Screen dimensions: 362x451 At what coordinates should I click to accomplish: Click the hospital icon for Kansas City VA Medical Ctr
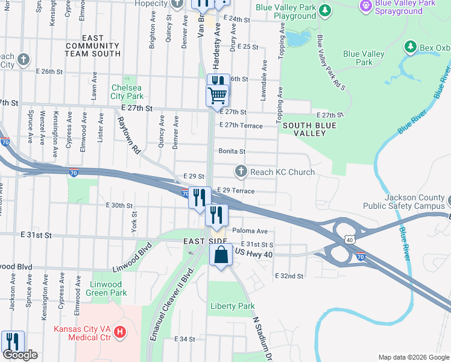point(121,331)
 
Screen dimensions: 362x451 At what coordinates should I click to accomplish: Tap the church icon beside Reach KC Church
point(241,172)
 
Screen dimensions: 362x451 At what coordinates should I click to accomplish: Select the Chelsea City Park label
point(127,91)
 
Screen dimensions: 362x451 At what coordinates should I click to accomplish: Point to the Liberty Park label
point(232,306)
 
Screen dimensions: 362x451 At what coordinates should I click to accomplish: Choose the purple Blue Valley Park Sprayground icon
point(365,5)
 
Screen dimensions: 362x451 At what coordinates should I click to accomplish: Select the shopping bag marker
point(221,255)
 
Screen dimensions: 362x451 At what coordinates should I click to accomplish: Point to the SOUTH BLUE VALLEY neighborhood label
point(309,129)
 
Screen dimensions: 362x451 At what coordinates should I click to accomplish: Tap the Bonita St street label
point(232,151)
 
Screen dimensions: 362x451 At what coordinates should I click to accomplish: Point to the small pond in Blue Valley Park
point(297,39)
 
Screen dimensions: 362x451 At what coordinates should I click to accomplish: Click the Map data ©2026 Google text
point(413,357)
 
